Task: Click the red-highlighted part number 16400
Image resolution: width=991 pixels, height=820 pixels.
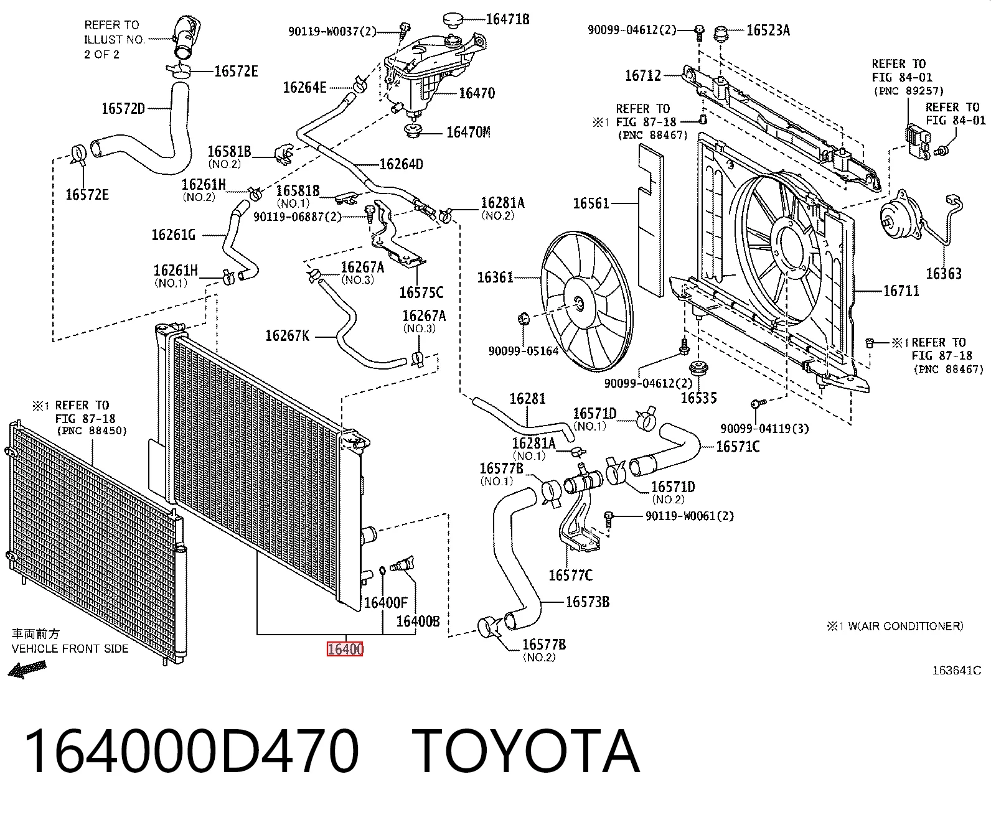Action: [345, 649]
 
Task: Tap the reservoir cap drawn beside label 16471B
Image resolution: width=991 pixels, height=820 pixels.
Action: [456, 19]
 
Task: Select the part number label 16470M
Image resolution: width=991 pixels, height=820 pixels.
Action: [468, 132]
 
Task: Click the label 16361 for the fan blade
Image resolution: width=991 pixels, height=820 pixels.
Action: [495, 277]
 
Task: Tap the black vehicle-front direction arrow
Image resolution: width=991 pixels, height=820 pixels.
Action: [27, 669]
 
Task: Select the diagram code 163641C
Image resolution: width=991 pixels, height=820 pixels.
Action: [956, 670]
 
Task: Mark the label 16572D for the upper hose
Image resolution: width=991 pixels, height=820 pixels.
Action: [123, 109]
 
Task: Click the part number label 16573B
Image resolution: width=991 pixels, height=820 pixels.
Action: [588, 602]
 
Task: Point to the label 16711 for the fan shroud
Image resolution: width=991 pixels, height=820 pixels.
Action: [901, 291]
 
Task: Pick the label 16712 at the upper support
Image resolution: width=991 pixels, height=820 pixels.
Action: [643, 75]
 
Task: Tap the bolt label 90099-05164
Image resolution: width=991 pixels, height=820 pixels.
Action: [524, 351]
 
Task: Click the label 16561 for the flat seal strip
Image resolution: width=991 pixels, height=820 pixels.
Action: [591, 203]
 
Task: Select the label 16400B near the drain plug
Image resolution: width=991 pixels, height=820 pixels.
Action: [418, 621]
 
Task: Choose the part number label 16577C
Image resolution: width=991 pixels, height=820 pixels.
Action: [570, 575]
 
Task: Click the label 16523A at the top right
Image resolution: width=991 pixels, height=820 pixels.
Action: [768, 30]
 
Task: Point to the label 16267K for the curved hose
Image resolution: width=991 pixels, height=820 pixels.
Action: [287, 336]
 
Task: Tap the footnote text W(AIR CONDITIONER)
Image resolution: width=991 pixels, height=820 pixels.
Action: [906, 627]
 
